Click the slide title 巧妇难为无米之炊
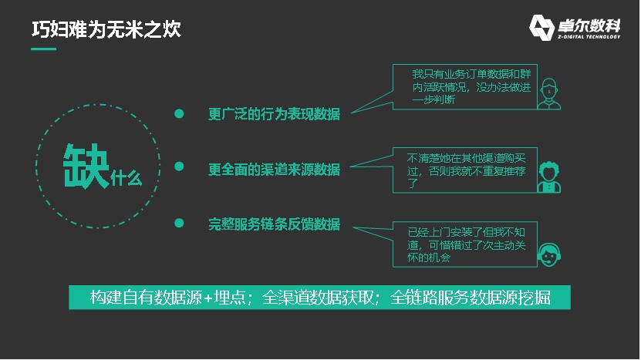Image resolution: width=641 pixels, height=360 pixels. point(106,30)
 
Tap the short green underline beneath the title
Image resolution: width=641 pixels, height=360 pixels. point(44,49)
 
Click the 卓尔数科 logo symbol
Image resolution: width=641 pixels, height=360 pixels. point(541,28)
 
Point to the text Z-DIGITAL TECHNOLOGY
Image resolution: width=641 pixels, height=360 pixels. point(589,37)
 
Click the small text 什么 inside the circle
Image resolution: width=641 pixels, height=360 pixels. point(127,179)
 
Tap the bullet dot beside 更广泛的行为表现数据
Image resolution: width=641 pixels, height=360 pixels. point(179,113)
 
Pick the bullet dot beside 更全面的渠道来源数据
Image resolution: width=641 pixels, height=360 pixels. point(179,167)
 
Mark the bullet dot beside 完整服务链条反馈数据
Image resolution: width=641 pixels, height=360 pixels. point(179,223)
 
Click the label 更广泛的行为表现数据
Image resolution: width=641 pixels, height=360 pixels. point(275,114)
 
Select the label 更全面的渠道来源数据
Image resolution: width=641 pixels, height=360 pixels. point(275,169)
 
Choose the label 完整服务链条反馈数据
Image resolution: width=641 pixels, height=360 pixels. point(275,224)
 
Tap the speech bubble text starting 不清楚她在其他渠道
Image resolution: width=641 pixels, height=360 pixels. point(466,171)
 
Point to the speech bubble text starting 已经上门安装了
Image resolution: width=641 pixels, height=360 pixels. point(466,245)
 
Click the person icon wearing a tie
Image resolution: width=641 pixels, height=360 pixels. point(549,94)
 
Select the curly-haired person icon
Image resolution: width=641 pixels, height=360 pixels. point(549,177)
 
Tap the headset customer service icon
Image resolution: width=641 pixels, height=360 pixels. point(549,255)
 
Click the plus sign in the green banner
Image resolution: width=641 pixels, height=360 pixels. point(208,298)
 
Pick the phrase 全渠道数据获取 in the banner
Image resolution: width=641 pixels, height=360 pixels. point(318,298)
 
